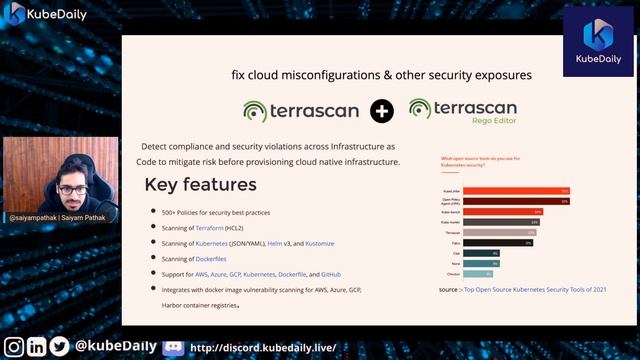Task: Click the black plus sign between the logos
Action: [381, 111]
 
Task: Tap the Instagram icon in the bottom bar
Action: [14, 347]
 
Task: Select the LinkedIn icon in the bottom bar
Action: [37, 347]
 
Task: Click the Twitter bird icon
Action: [60, 347]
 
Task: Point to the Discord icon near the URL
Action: [172, 347]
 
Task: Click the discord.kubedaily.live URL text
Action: [263, 348]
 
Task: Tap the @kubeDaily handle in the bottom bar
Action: [115, 346]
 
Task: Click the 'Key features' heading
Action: [200, 185]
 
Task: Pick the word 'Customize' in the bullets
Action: [319, 243]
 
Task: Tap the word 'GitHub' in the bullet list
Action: [331, 274]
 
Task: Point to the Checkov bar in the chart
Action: [477, 273]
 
